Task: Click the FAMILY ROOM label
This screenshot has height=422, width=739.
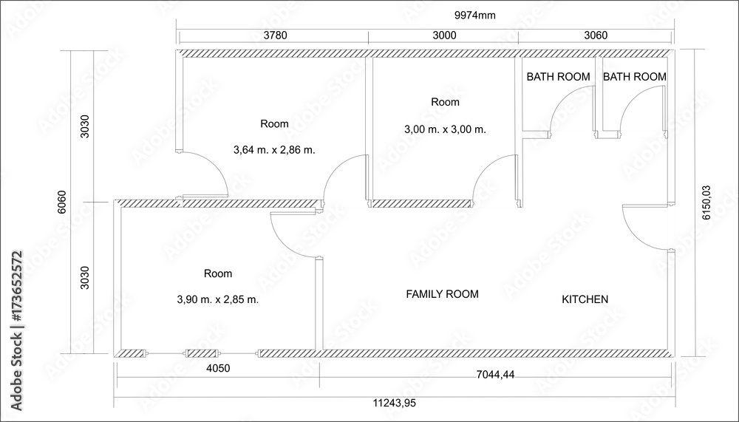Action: coord(442,294)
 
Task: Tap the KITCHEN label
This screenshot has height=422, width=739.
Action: coord(585,299)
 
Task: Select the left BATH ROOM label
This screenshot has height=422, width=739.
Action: coord(558,76)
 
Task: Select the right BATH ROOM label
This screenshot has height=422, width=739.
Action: coord(634,76)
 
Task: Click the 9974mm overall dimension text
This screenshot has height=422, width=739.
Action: coord(474,15)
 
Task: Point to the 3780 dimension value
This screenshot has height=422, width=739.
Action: coord(275,35)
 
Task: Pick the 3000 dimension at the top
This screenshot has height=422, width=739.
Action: coord(444,35)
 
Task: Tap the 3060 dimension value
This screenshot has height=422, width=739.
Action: coord(596,35)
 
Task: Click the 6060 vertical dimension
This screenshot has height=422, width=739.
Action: coord(62,202)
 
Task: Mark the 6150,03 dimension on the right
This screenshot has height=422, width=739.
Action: coord(706,203)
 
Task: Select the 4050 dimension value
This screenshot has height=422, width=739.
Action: coord(218,368)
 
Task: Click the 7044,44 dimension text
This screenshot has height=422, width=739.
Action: coord(495,375)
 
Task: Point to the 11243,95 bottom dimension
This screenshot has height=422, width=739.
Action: coord(395,403)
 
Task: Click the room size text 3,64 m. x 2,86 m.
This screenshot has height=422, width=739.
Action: coord(274,150)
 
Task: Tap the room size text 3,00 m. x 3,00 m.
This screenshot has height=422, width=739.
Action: coord(445,129)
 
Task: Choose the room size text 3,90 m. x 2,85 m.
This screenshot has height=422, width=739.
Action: coord(218,299)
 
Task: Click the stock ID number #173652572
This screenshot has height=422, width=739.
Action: coord(16,287)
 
